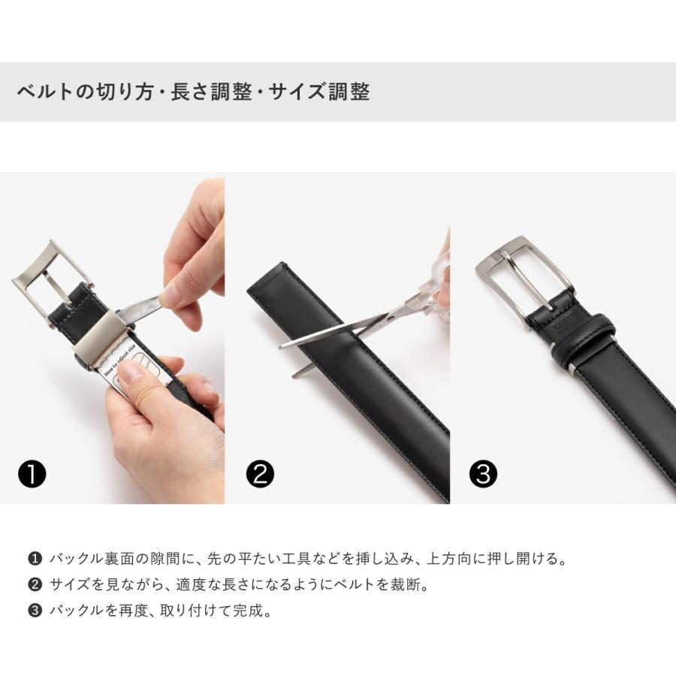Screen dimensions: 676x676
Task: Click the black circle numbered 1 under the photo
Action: pyautogui.click(x=32, y=474)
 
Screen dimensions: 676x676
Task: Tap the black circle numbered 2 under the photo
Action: pyautogui.click(x=260, y=474)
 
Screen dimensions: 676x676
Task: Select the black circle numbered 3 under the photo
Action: pyautogui.click(x=483, y=474)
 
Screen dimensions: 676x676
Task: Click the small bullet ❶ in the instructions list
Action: pyautogui.click(x=35, y=559)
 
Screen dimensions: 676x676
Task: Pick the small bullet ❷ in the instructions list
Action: pyautogui.click(x=35, y=584)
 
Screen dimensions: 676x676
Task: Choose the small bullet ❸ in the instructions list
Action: pyautogui.click(x=35, y=611)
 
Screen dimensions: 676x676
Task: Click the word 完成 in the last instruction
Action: pyautogui.click(x=248, y=611)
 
